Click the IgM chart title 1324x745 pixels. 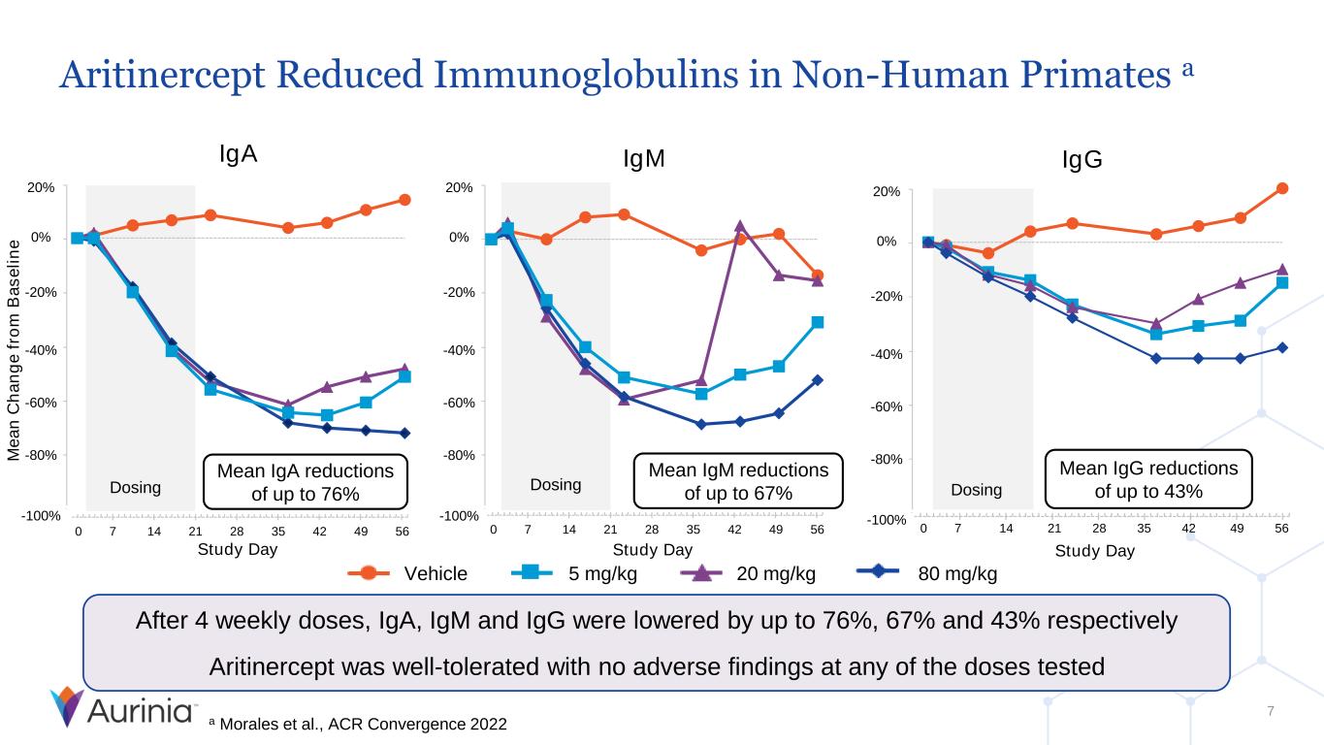(x=644, y=160)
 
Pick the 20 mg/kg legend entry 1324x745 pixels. (x=748, y=573)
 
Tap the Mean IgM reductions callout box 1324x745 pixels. (x=738, y=482)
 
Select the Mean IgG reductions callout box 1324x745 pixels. (x=1148, y=479)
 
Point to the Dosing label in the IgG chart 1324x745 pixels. (x=976, y=490)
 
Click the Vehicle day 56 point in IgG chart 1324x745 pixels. (x=1281, y=188)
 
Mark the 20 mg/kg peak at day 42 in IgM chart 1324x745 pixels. (x=739, y=226)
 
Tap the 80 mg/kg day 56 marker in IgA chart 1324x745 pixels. (x=404, y=433)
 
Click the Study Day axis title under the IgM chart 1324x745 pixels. (x=653, y=550)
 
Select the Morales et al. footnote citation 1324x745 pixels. (x=358, y=725)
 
